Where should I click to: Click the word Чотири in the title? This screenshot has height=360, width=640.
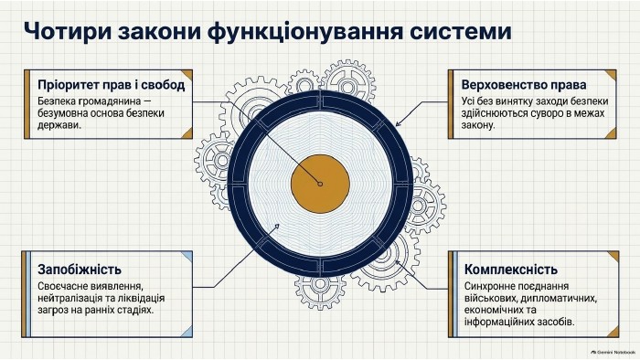68,31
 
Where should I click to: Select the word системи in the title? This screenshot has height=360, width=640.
460,31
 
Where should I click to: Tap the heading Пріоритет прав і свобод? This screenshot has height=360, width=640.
111,85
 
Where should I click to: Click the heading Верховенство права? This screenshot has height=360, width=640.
524,85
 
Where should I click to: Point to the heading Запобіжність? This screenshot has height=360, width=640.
80,270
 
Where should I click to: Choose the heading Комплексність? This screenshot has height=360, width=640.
510,270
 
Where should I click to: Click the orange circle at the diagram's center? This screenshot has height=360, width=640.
320,184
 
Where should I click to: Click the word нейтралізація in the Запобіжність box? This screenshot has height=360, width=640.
69,298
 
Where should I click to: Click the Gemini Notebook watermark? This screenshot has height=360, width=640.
613,352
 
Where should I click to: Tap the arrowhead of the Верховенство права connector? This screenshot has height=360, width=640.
398,123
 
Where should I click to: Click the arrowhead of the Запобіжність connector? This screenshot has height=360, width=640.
277,227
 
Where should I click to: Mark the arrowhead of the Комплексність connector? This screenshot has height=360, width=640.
398,263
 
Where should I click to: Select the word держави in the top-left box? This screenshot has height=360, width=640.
59,125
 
